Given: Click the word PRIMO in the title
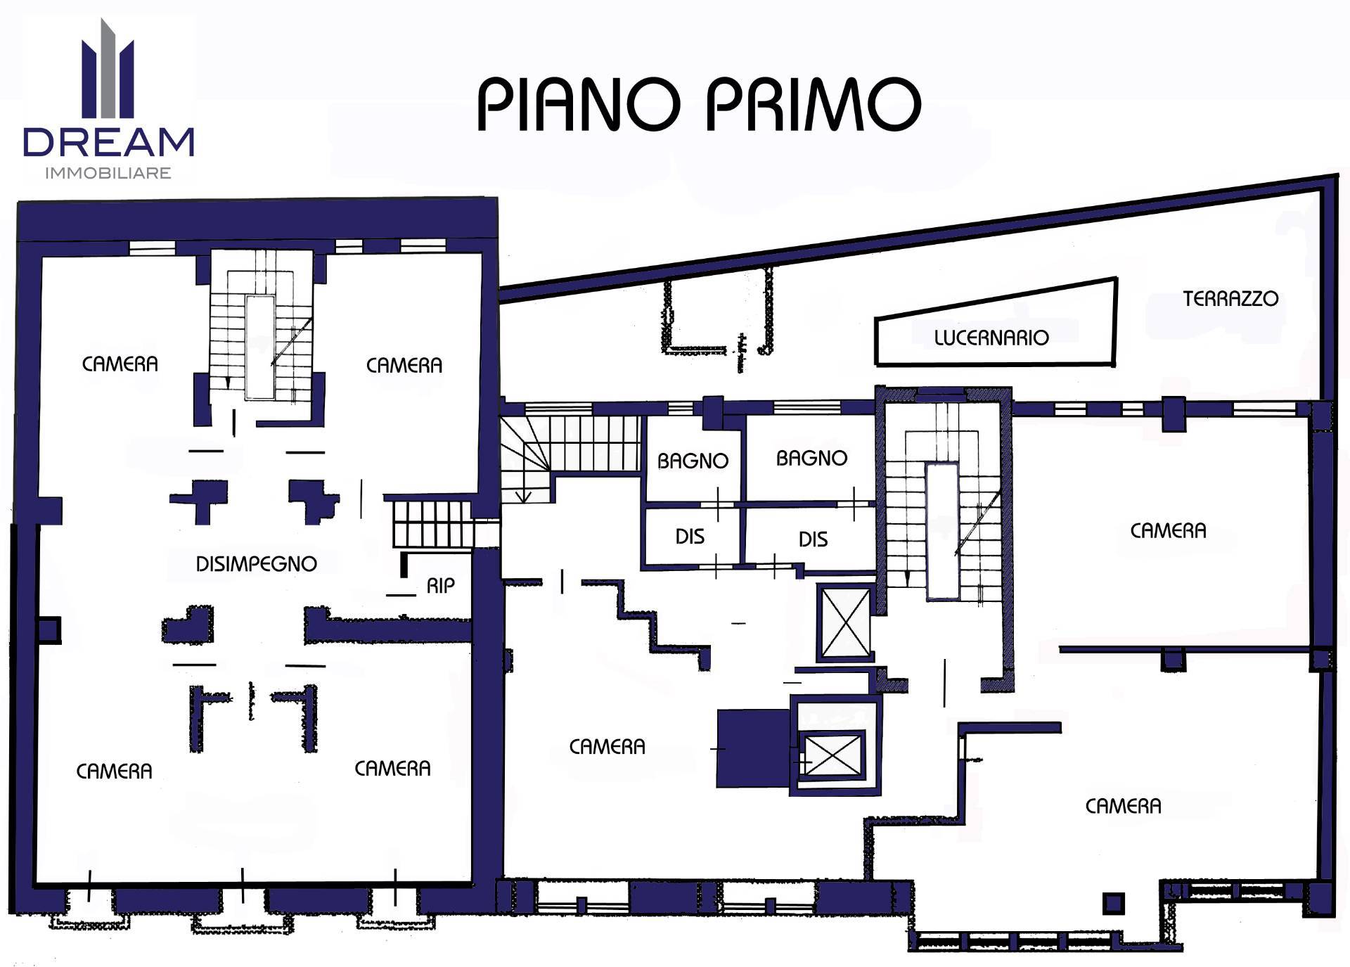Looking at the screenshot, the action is pyautogui.click(x=813, y=104).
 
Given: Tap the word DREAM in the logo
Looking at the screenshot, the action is pyautogui.click(x=109, y=142).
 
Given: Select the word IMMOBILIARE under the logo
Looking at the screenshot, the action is pyautogui.click(x=108, y=173).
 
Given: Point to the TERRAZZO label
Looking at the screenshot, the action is pyautogui.click(x=1230, y=299).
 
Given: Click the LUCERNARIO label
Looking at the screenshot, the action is pyautogui.click(x=991, y=338).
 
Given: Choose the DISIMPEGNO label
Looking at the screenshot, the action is pyautogui.click(x=256, y=563).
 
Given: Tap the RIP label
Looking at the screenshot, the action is pyautogui.click(x=441, y=585).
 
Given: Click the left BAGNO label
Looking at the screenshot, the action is pyautogui.click(x=693, y=461).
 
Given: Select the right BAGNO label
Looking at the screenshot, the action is pyautogui.click(x=811, y=459).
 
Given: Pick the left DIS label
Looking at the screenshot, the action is pyautogui.click(x=690, y=537).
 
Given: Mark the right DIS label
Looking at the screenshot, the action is pyautogui.click(x=813, y=539).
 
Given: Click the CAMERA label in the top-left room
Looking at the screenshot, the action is pyautogui.click(x=120, y=364).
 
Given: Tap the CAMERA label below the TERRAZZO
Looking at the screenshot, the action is pyautogui.click(x=1168, y=530).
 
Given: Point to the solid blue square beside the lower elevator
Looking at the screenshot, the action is pyautogui.click(x=753, y=748).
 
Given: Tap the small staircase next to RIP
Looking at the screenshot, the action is pyautogui.click(x=432, y=524).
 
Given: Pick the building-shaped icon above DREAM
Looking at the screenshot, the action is pyautogui.click(x=108, y=68).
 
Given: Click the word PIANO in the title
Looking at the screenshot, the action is pyautogui.click(x=579, y=104).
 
